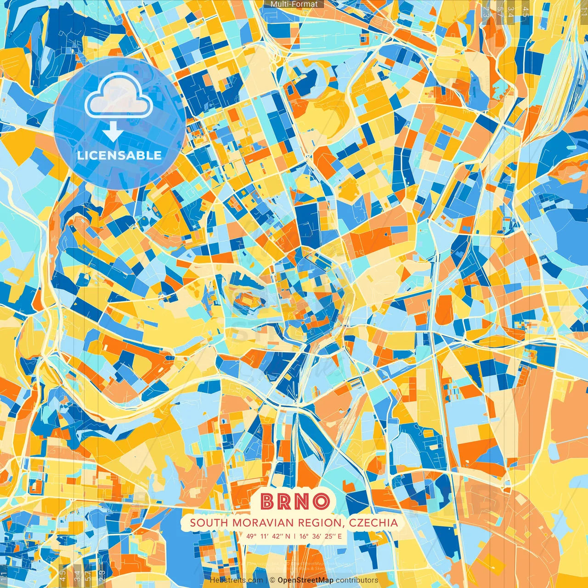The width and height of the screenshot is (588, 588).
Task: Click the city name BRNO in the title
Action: [x=294, y=501]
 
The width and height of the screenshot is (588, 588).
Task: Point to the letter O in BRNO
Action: [x=321, y=501]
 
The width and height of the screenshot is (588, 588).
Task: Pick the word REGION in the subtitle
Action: [x=321, y=523]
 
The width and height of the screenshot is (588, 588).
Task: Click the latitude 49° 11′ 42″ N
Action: [x=268, y=536]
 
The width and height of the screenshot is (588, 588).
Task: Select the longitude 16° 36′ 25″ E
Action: [x=321, y=536]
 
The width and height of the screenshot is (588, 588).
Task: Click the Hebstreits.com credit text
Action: [x=236, y=580]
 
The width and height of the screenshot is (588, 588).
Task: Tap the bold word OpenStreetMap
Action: [x=305, y=580]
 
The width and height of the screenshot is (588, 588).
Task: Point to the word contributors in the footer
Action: [x=357, y=580]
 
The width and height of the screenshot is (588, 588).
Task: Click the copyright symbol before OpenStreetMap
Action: [x=272, y=580]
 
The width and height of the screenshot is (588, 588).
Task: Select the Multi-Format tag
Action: [x=294, y=4]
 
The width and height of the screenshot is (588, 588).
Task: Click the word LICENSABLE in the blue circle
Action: [x=119, y=155]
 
